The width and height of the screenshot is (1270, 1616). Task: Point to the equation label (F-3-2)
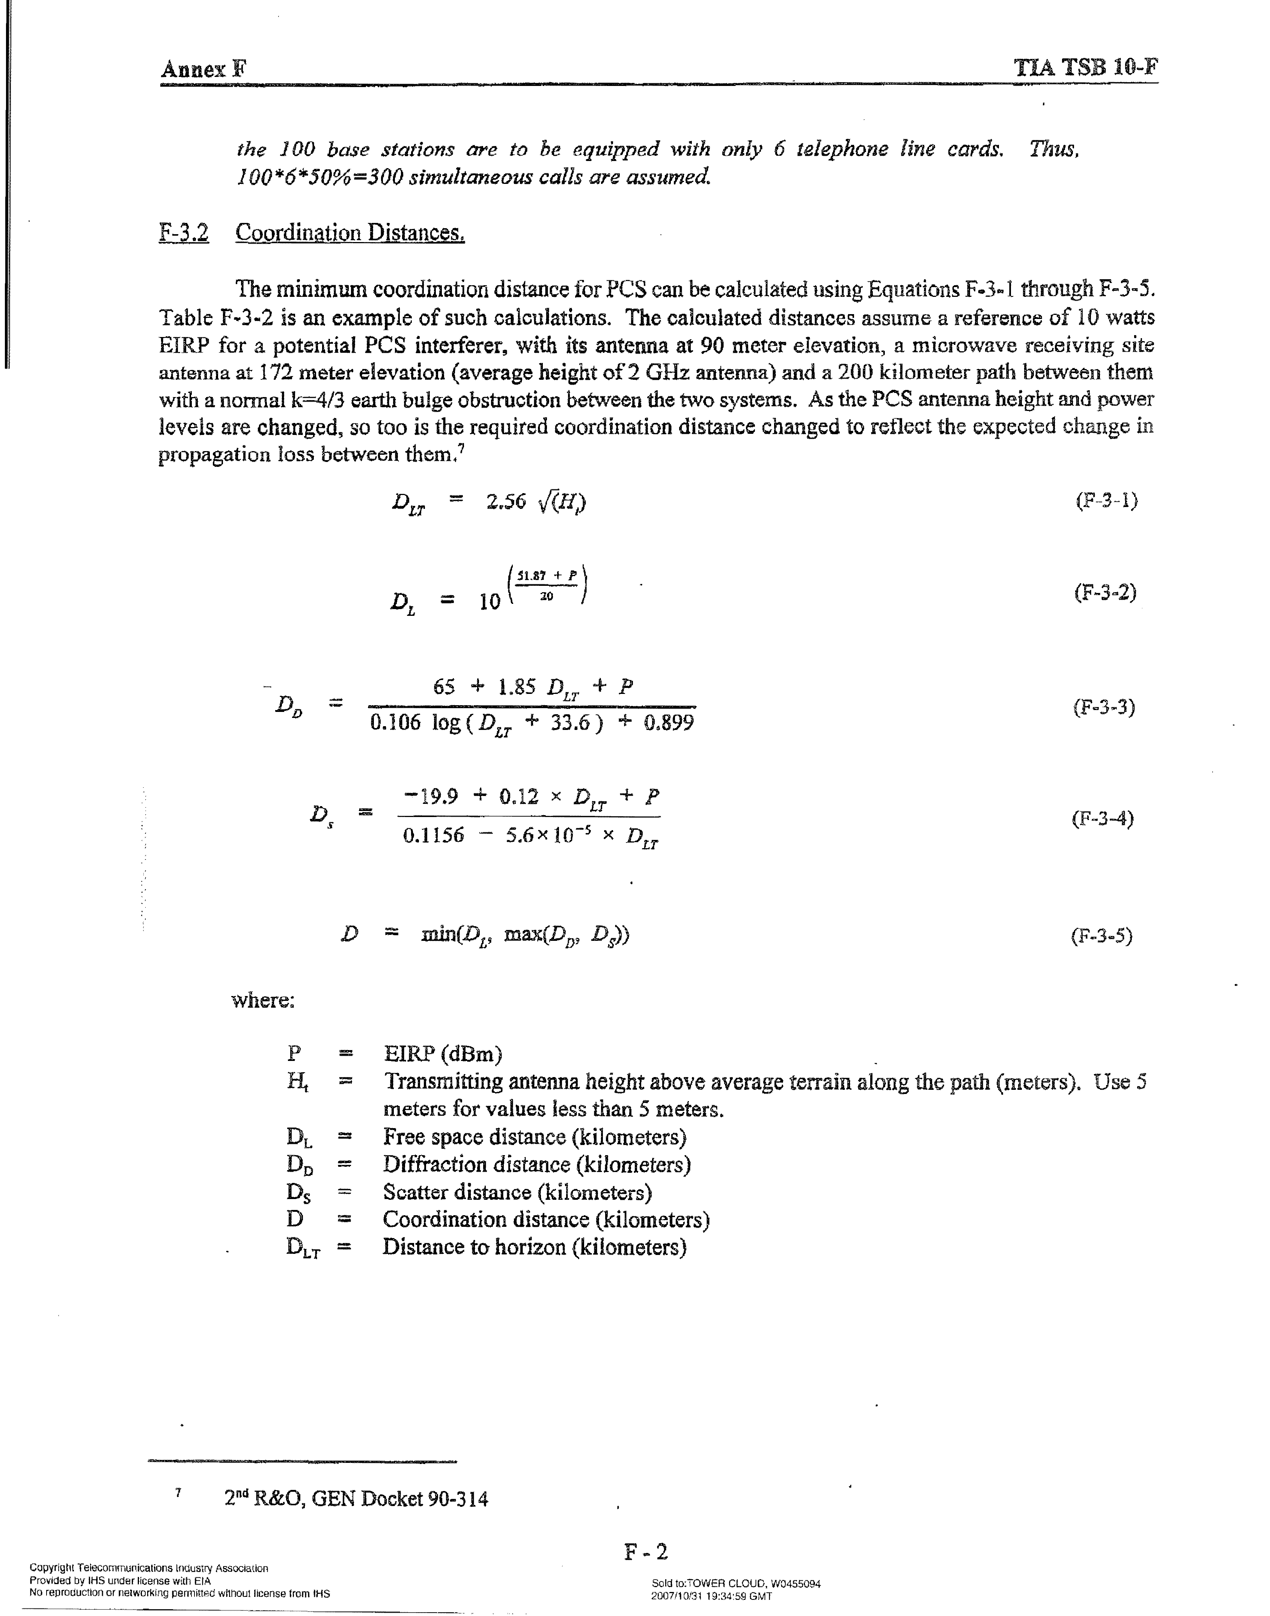pos(1105,593)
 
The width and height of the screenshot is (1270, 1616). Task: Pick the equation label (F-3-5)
pos(1101,935)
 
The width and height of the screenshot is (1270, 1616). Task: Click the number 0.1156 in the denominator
pos(433,835)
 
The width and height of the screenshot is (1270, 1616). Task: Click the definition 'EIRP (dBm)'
pos(443,1054)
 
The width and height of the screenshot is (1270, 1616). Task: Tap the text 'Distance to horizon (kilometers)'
pos(534,1247)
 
